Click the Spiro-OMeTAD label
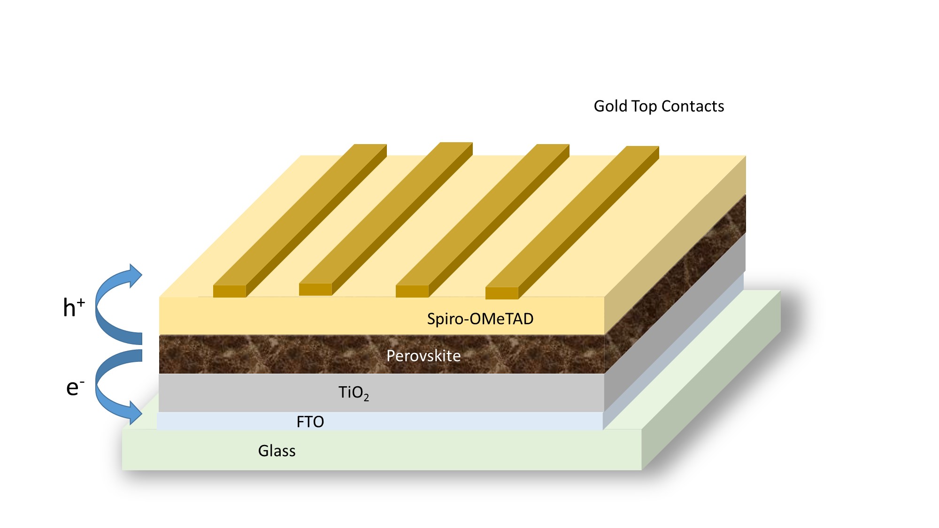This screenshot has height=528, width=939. pyautogui.click(x=480, y=319)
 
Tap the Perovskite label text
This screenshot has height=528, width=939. pyautogui.click(x=423, y=356)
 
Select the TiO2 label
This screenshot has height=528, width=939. pyautogui.click(x=354, y=393)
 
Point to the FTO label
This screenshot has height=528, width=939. pyautogui.click(x=310, y=422)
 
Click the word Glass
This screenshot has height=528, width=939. pyautogui.click(x=277, y=451)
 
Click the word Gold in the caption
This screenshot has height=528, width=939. pyautogui.click(x=610, y=107)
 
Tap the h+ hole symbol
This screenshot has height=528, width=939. pyautogui.click(x=74, y=308)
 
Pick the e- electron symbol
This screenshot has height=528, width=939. pyautogui.click(x=75, y=388)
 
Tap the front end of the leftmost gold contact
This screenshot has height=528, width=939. pyautogui.click(x=230, y=291)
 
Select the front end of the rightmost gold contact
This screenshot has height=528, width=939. pyautogui.click(x=501, y=293)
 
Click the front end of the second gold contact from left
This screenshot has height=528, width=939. pyautogui.click(x=316, y=290)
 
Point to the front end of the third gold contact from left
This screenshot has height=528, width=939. pyautogui.click(x=412, y=291)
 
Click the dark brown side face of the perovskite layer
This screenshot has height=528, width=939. pyautogui.click(x=676, y=282)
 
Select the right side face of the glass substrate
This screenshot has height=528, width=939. pyautogui.click(x=711, y=380)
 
